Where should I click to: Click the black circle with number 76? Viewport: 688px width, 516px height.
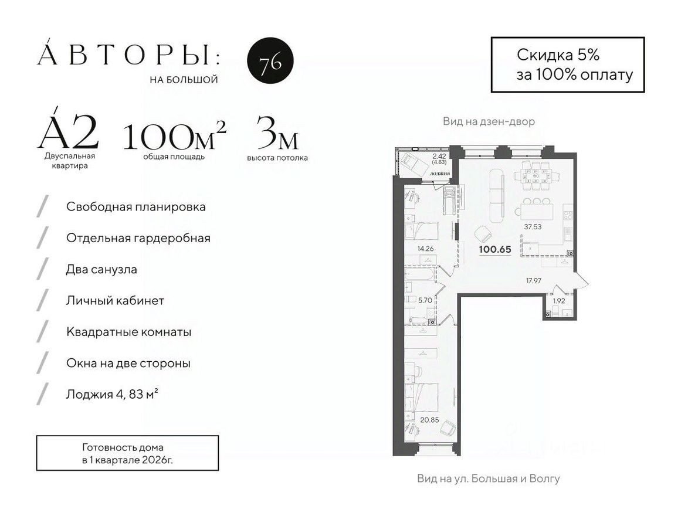(x=270, y=62)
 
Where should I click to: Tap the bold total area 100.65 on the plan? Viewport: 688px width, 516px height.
(x=495, y=249)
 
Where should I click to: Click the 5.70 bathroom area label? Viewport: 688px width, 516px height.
(x=425, y=300)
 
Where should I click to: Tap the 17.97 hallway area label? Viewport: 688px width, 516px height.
(x=533, y=280)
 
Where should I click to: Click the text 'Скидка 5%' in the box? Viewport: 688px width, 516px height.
(x=557, y=55)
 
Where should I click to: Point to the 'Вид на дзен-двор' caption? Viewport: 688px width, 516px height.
(x=489, y=122)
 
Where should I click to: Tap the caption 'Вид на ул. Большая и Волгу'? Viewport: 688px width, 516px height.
(x=488, y=478)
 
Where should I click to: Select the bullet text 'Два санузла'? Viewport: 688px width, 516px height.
(x=101, y=269)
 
